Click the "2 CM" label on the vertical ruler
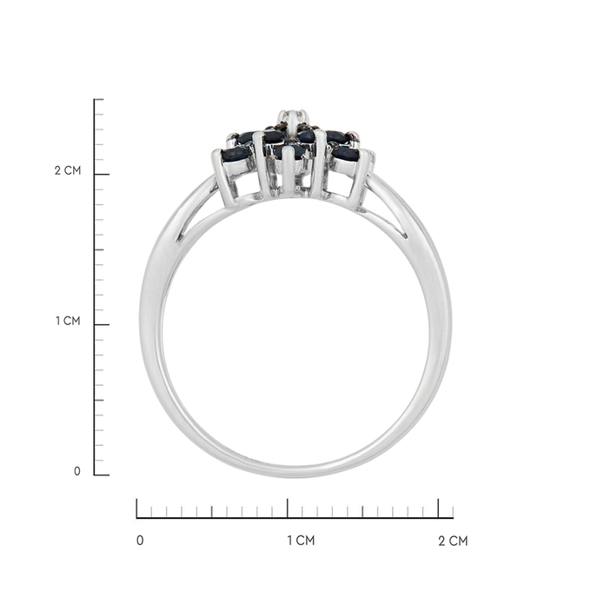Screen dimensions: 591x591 click(68, 170)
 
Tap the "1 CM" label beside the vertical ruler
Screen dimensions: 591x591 click(68, 321)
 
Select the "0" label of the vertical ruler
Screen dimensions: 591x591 click(76, 471)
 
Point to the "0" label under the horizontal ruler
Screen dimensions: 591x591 click(140, 541)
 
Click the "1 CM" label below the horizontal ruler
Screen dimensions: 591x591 click(301, 541)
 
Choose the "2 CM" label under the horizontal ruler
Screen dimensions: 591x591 click(453, 541)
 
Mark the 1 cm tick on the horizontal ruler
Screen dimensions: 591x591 click(288, 508)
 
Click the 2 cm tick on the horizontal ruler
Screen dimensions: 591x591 click(438, 508)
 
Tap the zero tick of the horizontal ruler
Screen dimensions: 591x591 click(136, 508)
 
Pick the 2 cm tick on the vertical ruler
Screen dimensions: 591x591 click(102, 174)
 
